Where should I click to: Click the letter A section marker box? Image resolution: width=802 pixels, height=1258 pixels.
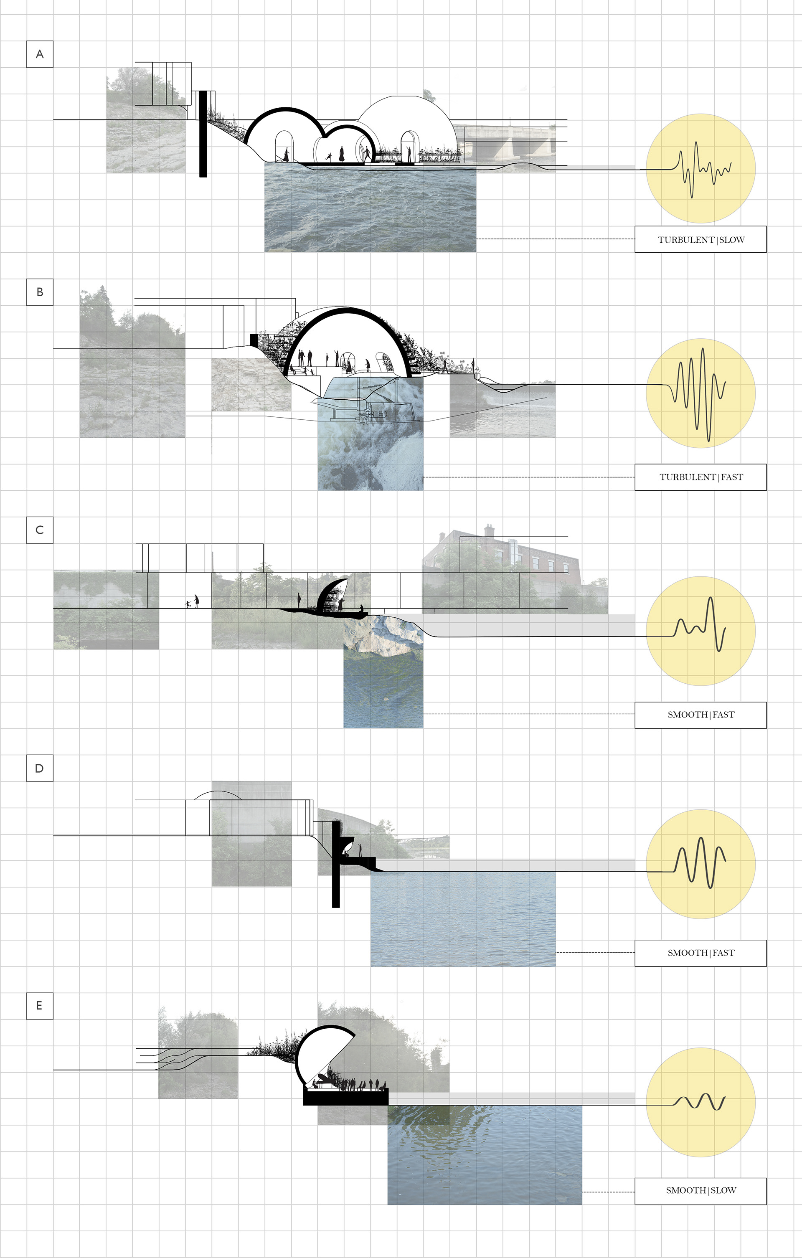click(40, 54)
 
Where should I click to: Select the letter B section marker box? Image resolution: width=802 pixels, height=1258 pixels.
click(40, 292)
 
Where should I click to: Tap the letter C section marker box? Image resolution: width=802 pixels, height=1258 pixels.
click(40, 530)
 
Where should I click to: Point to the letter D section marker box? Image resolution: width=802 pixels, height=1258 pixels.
click(40, 768)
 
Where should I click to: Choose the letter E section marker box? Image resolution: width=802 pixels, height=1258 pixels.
click(40, 1006)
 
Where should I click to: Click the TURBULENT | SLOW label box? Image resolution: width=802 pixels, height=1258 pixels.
click(700, 239)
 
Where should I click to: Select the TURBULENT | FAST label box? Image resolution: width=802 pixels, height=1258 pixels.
click(700, 477)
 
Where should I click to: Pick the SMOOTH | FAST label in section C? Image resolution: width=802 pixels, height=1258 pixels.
click(700, 715)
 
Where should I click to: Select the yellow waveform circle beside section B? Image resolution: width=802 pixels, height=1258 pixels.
click(700, 393)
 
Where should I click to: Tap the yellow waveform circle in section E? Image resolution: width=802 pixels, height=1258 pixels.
click(700, 1102)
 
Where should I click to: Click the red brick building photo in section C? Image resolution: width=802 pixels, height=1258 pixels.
click(515, 569)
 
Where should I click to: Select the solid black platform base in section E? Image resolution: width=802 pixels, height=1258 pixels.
click(346, 1096)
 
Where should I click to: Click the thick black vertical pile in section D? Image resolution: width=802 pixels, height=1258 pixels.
click(336, 864)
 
